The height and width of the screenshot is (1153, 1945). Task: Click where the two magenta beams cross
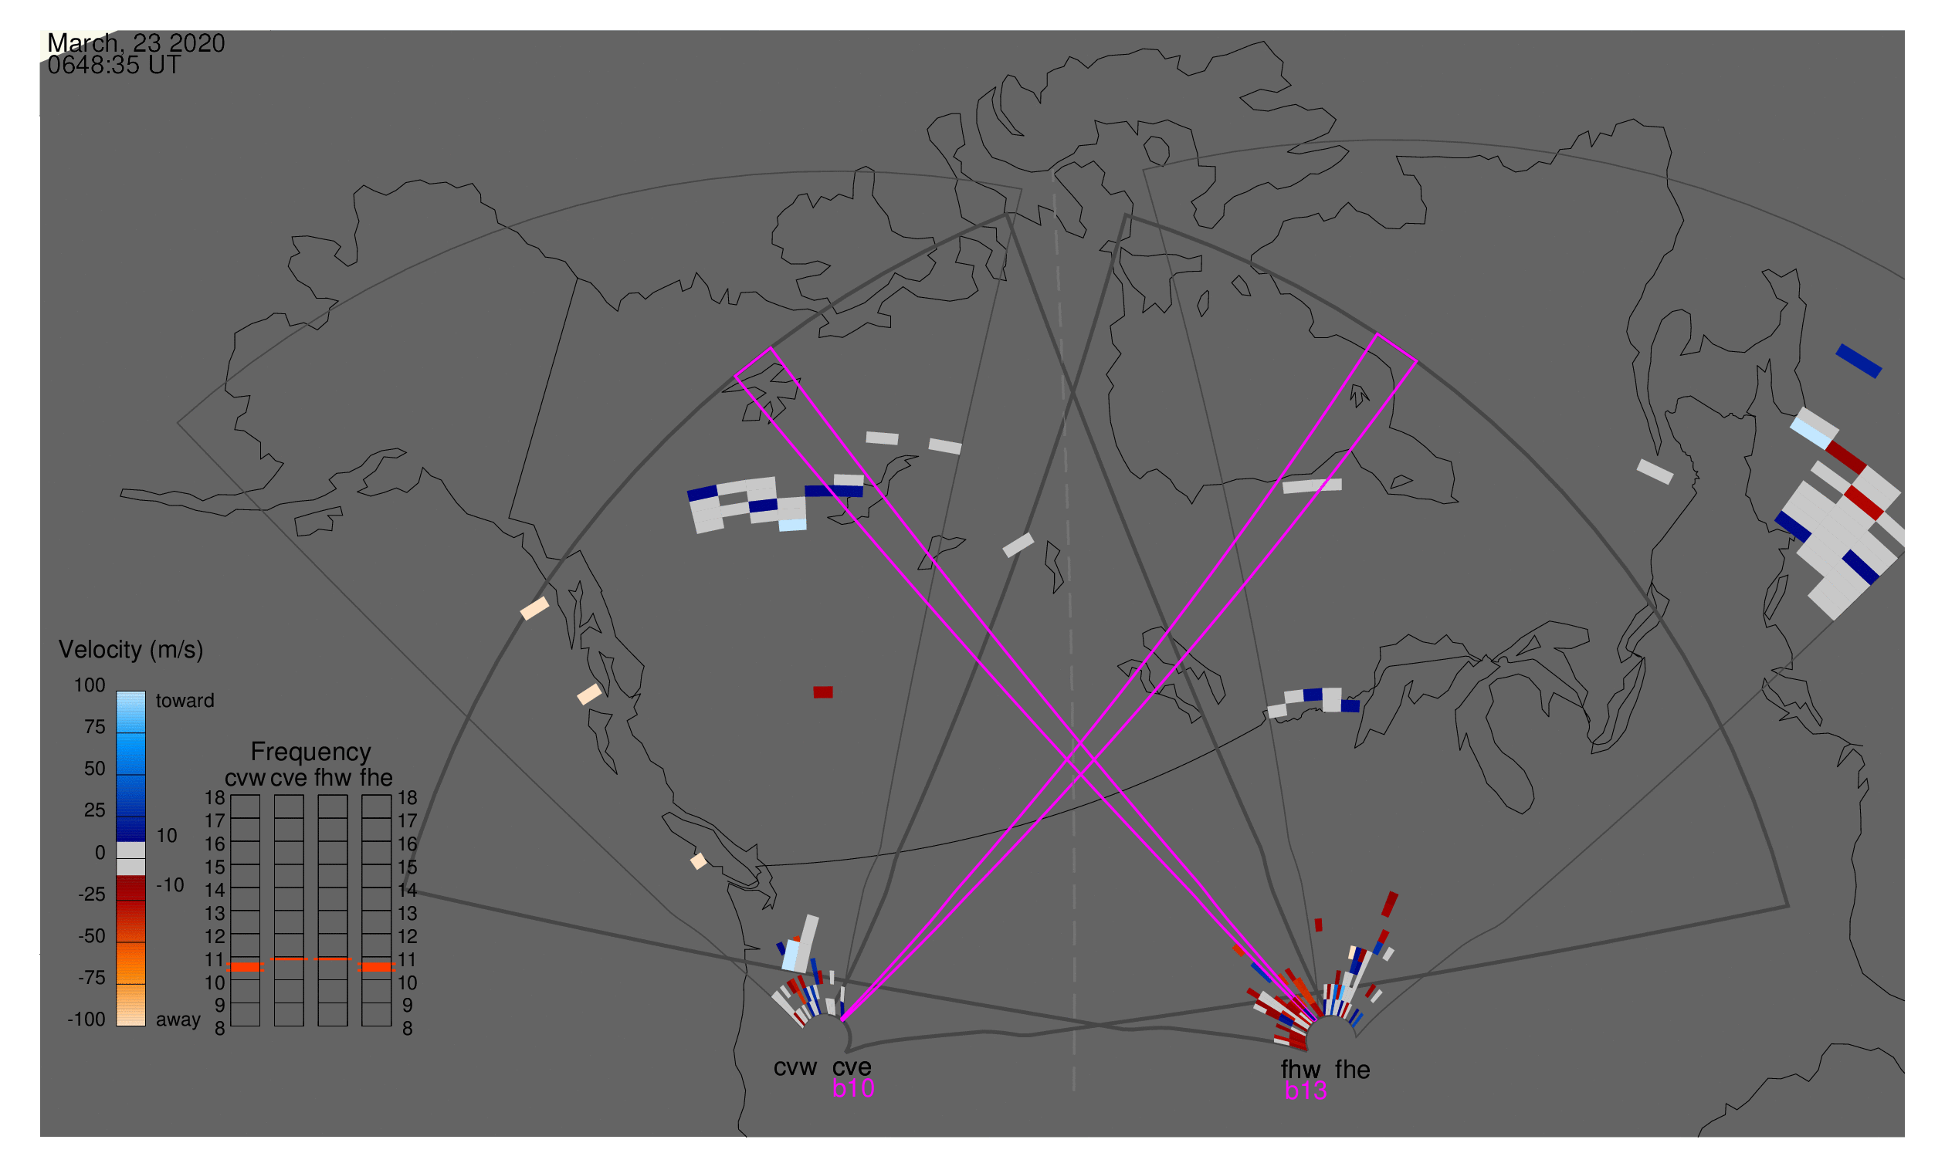point(1082,761)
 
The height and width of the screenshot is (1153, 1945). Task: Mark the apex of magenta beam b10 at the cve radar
point(842,1019)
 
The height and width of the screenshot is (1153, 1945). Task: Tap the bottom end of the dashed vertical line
point(1073,1090)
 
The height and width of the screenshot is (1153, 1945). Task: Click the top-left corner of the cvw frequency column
point(231,795)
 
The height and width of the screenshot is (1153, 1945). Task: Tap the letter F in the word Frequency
point(257,752)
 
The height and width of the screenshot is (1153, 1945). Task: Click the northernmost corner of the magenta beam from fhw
point(1377,334)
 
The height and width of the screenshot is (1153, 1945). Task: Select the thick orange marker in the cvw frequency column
point(246,967)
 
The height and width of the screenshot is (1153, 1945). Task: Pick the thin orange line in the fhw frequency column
point(333,959)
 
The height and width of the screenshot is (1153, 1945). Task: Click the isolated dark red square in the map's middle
point(823,692)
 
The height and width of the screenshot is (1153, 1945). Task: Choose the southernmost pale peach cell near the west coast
point(699,861)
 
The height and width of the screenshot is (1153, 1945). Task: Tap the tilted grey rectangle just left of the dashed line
point(1018,545)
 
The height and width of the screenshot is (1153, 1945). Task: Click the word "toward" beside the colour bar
point(185,701)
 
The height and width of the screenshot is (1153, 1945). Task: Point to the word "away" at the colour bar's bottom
point(178,1019)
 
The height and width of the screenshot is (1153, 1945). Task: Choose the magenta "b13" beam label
point(1305,1090)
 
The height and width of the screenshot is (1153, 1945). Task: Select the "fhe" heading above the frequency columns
point(376,778)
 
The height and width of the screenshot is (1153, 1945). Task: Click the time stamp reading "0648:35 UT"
point(114,66)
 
